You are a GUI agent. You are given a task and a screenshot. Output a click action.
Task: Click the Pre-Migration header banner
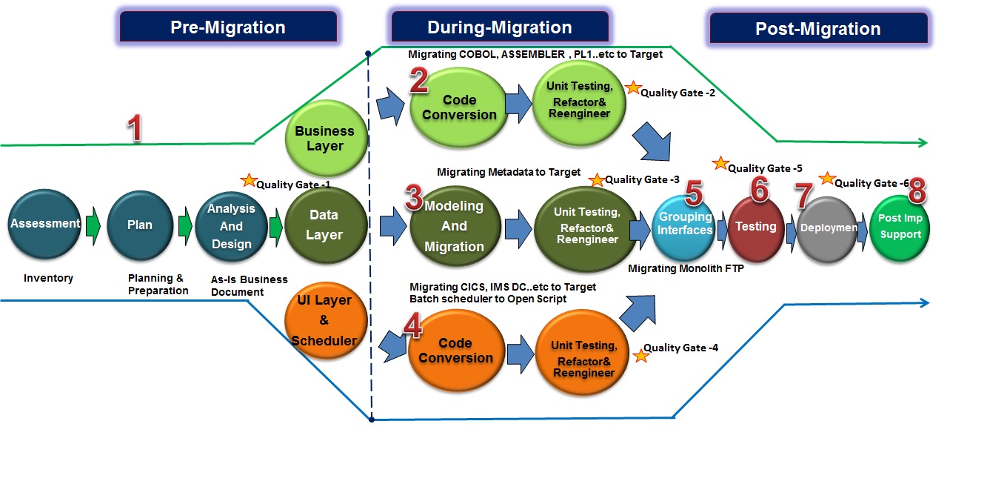click(x=228, y=27)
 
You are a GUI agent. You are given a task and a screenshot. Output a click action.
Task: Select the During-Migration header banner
click(x=500, y=27)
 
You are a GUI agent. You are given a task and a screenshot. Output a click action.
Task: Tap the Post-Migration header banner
click(x=818, y=29)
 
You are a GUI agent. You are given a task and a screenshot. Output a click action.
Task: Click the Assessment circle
click(x=45, y=224)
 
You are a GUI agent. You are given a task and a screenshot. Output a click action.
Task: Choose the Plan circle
click(x=140, y=225)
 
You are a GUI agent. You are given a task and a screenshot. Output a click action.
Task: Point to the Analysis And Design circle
click(x=231, y=226)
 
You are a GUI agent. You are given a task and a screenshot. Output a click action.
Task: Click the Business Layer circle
click(x=325, y=138)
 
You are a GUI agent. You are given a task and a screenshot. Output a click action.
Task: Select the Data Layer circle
click(x=324, y=225)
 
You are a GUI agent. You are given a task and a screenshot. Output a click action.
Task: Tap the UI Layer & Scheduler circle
click(x=326, y=320)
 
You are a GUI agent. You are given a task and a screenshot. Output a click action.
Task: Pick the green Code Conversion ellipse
click(x=459, y=107)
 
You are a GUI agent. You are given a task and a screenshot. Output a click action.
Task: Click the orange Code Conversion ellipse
click(x=455, y=351)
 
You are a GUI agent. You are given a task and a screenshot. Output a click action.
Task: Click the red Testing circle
click(x=756, y=226)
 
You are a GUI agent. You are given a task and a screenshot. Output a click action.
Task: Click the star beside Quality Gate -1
click(x=249, y=180)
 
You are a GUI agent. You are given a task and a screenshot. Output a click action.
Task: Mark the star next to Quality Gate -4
click(x=641, y=356)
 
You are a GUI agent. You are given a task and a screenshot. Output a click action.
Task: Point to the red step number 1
click(x=134, y=127)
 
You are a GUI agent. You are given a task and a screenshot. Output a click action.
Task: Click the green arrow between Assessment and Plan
click(x=93, y=225)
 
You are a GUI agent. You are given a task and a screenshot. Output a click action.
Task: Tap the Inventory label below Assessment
click(x=48, y=278)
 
